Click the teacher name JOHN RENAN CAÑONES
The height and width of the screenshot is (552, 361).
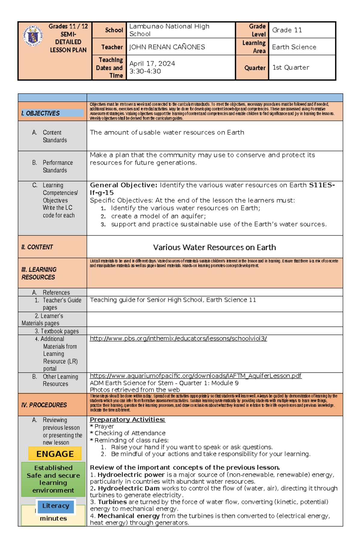(x=167, y=47)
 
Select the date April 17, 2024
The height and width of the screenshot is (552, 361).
(x=152, y=63)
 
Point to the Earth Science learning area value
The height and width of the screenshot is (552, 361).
(x=294, y=47)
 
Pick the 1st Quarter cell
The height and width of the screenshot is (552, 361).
(x=291, y=67)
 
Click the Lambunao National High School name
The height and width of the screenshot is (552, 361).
(x=169, y=30)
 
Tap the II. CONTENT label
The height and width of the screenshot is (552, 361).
(x=37, y=247)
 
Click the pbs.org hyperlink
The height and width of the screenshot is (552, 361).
(x=178, y=338)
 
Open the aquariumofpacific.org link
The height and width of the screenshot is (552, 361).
(x=196, y=376)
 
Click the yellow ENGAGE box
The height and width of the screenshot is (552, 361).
(x=55, y=454)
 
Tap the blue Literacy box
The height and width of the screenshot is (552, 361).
(x=56, y=506)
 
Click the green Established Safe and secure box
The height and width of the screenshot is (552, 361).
(x=53, y=479)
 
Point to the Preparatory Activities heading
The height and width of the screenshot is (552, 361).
(x=127, y=419)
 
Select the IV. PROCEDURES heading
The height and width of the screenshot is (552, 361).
(x=44, y=405)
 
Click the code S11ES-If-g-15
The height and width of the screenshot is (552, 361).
(x=321, y=185)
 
